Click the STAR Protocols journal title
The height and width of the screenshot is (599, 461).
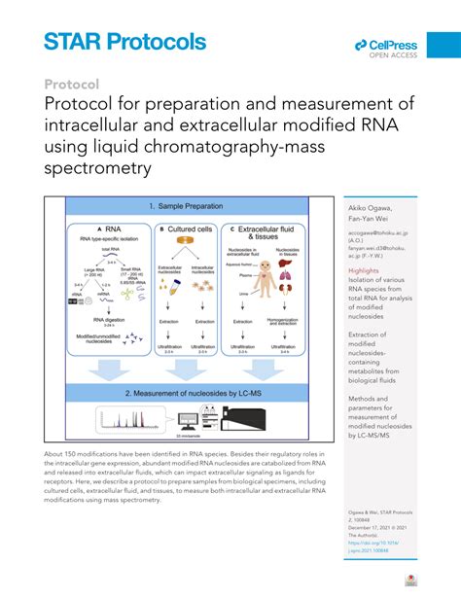pyautogui.click(x=124, y=42)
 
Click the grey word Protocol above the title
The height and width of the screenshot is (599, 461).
pyautogui.click(x=73, y=85)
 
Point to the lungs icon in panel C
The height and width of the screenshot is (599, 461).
pyautogui.click(x=289, y=279)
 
